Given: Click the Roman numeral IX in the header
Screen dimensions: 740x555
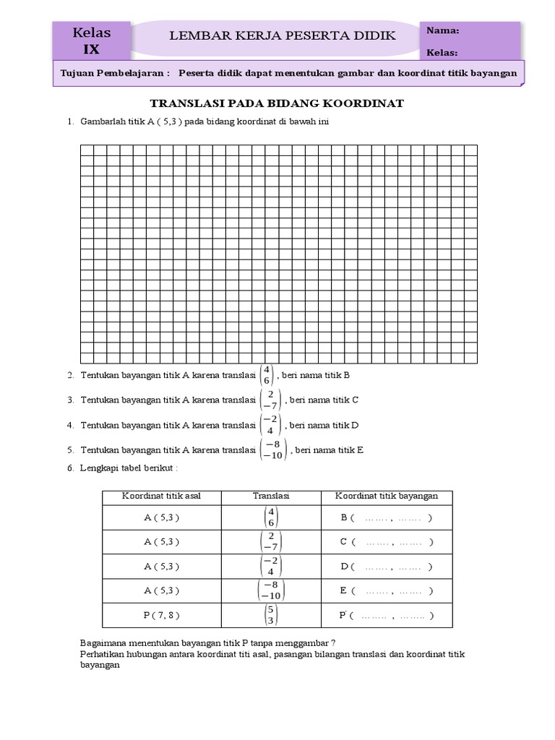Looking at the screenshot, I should pyautogui.click(x=91, y=49).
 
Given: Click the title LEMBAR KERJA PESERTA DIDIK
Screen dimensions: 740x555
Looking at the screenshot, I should pyautogui.click(x=282, y=36).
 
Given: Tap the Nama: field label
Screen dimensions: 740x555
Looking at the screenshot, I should pyautogui.click(x=442, y=30).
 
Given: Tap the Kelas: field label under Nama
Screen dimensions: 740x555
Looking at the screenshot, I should pyautogui.click(x=442, y=53).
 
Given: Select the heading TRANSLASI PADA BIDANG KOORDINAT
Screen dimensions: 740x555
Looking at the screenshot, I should pyautogui.click(x=276, y=103).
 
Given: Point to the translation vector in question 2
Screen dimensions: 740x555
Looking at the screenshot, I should pyautogui.click(x=267, y=375).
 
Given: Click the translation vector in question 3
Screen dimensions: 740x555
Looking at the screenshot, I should pyautogui.click(x=270, y=400).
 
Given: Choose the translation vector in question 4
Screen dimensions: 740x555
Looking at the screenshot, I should pyautogui.click(x=270, y=425).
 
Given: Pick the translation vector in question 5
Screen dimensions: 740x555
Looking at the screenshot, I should pyautogui.click(x=273, y=449).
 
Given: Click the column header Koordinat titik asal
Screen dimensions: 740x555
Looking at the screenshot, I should pyautogui.click(x=161, y=496).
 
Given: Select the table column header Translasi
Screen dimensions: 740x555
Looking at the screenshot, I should pyautogui.click(x=271, y=496).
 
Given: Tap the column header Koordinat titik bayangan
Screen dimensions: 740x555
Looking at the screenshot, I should pyautogui.click(x=387, y=496).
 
